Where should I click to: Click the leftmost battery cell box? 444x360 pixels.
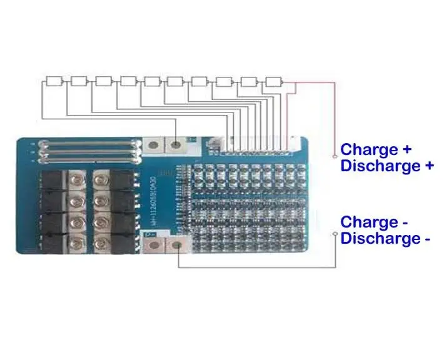coord(55,81)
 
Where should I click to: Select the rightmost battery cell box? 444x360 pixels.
coord(274,81)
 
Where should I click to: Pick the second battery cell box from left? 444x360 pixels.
coord(79,81)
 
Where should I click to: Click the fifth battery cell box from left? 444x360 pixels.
coord(153,81)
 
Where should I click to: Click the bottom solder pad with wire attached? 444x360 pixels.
coord(178,244)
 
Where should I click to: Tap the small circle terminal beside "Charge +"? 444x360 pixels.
coord(336,151)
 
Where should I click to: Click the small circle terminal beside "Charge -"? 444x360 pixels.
coord(336,235)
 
